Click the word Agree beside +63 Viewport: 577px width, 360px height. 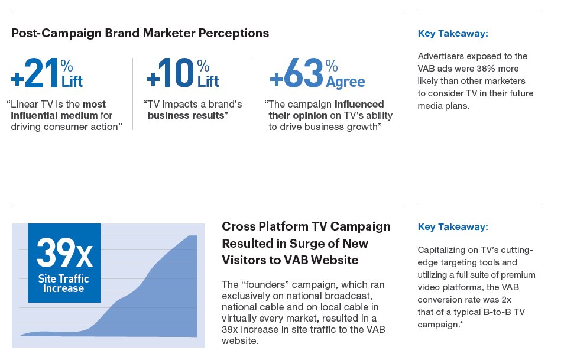click(x=345, y=82)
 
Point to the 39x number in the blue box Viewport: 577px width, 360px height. click(x=64, y=253)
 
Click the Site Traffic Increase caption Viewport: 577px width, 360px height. click(x=64, y=283)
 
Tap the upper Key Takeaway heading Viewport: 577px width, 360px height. click(x=453, y=34)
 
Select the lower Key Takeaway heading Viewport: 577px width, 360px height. click(x=453, y=227)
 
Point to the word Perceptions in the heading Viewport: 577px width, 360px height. click(x=234, y=33)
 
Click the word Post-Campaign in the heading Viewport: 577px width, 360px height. click(x=57, y=33)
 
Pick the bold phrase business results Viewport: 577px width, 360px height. click(x=186, y=116)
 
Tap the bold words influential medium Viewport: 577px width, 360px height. click(x=54, y=116)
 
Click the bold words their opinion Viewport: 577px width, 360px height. click(x=298, y=116)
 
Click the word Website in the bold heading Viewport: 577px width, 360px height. click(x=335, y=260)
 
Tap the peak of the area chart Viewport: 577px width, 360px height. click(x=196, y=236)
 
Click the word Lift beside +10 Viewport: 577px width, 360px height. click(x=208, y=82)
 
